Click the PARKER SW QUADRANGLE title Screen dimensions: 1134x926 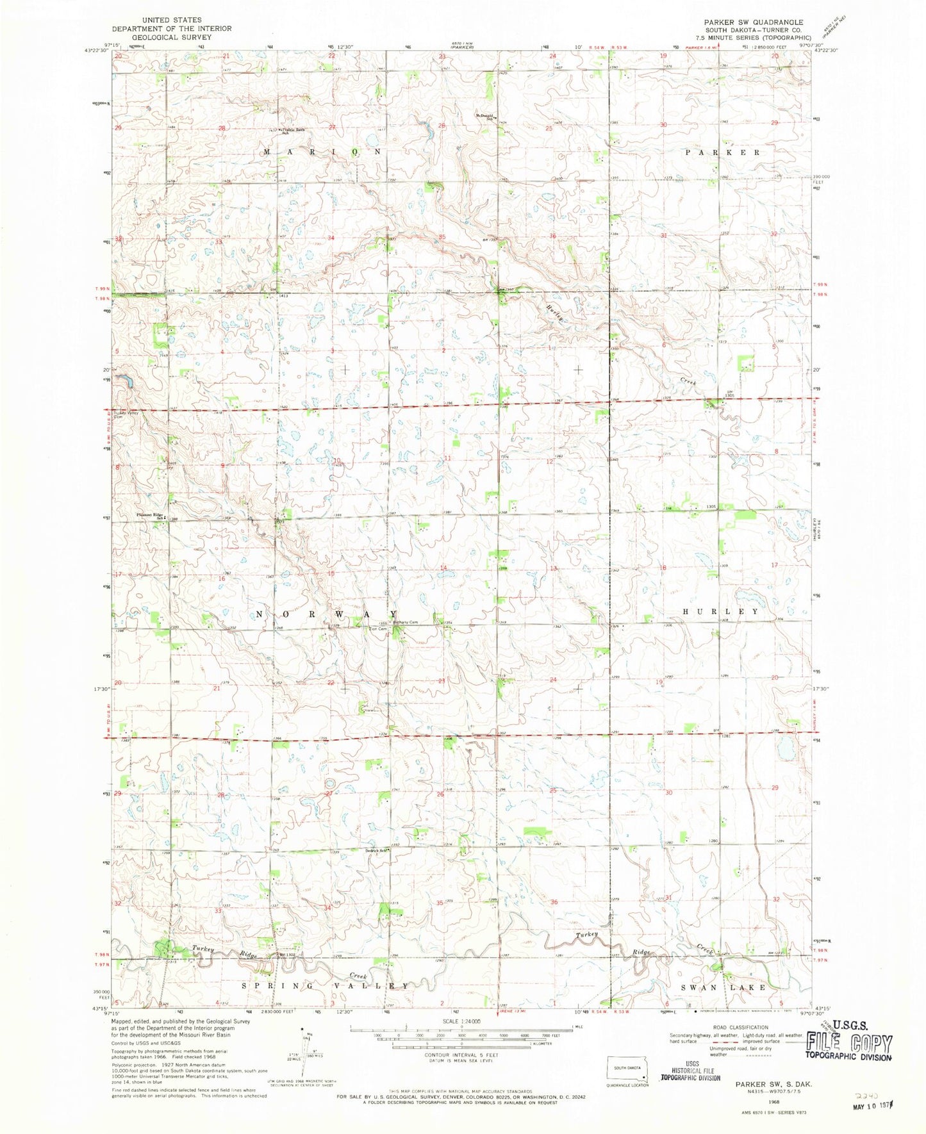tap(753, 22)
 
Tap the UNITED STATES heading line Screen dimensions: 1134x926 tap(172, 21)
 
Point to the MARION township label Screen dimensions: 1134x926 tap(322, 152)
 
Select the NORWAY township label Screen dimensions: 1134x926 tap(327, 614)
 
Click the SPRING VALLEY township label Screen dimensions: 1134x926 tap(325, 985)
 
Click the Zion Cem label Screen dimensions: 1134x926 tap(377, 629)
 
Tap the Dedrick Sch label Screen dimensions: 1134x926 tap(377, 851)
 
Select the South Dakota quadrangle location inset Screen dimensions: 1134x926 tap(628, 1069)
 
